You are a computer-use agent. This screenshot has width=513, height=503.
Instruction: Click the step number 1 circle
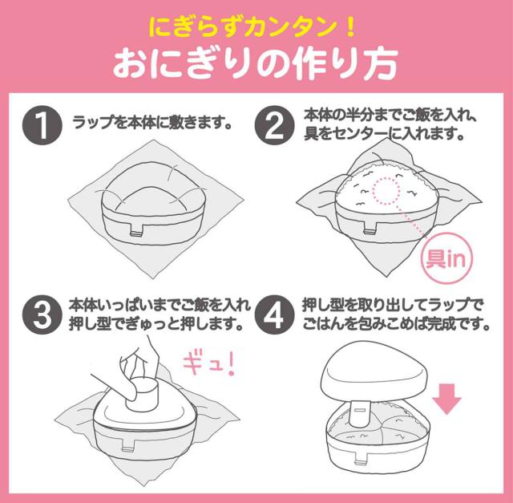(42, 125)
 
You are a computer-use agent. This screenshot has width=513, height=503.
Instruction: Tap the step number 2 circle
(274, 125)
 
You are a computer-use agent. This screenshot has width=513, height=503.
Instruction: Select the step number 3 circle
(42, 314)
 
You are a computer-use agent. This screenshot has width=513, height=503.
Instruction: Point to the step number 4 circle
(274, 314)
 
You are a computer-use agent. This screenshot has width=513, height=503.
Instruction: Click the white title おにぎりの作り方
(256, 64)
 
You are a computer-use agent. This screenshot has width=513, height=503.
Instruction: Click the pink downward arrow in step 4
(446, 399)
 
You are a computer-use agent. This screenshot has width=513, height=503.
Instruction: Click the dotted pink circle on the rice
(386, 191)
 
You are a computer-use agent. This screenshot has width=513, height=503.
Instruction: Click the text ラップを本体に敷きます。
(152, 123)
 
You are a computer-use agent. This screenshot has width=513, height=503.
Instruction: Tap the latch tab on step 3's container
(128, 448)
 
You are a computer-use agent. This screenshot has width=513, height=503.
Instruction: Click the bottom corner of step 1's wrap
(154, 278)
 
